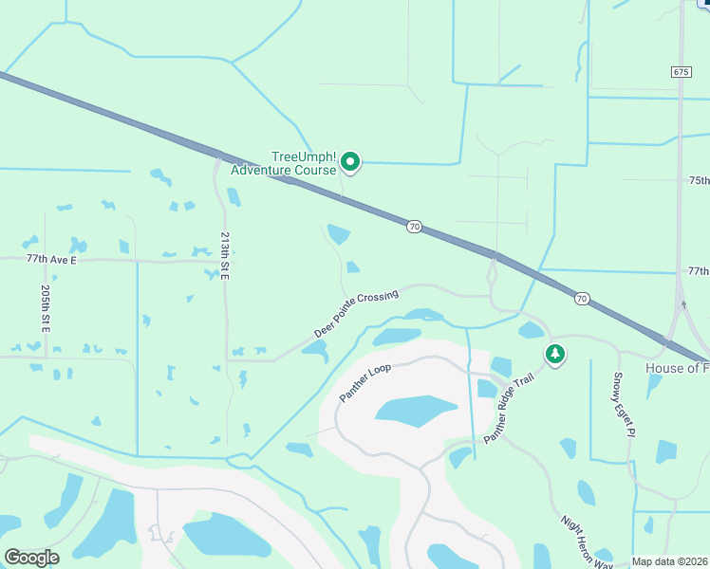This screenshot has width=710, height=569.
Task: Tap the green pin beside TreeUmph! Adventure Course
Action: [x=350, y=163]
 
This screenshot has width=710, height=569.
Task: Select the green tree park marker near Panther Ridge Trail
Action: [x=555, y=355]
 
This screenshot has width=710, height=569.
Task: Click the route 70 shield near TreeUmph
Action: [x=414, y=227]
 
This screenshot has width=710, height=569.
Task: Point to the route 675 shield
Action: [x=680, y=72]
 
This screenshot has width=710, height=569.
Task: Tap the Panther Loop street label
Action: [x=366, y=381]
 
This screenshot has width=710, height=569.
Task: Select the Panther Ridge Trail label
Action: [x=509, y=409]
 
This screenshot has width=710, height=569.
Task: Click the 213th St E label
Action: [x=225, y=254]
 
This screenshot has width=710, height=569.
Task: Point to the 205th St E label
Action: [x=45, y=308]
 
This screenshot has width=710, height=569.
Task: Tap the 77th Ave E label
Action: [x=50, y=258]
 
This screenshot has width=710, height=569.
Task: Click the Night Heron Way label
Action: [x=586, y=542]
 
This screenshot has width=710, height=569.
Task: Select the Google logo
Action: [x=31, y=557]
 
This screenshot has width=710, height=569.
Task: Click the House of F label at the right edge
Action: [x=677, y=368]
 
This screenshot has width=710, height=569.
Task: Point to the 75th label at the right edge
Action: [x=698, y=180]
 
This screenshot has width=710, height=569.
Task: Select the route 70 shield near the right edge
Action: [x=582, y=299]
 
